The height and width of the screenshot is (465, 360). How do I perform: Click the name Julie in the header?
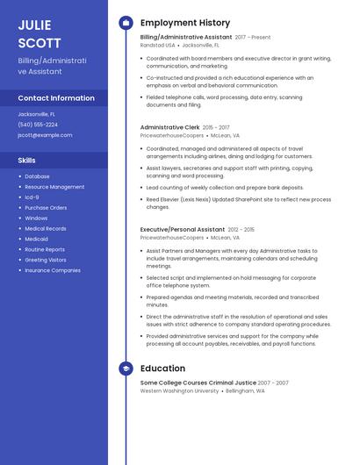coord(34,25)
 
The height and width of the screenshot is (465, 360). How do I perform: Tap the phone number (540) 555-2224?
coord(38,125)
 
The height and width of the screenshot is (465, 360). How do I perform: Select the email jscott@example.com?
coord(45,135)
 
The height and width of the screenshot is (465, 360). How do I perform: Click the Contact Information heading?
coord(56,98)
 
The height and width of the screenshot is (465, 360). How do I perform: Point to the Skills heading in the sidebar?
coord(27,161)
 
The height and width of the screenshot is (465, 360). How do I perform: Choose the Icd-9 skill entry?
coord(32,197)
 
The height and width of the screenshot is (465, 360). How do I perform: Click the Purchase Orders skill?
coord(46,208)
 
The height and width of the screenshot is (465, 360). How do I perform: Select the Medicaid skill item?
coord(37,239)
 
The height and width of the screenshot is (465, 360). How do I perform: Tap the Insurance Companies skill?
coord(53,270)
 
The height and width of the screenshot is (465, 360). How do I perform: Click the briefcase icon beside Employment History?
coord(126,23)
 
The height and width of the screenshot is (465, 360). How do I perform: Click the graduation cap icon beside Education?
coord(126,368)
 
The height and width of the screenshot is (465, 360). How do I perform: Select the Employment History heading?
coord(185,23)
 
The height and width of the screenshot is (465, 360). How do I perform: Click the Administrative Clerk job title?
coord(169,127)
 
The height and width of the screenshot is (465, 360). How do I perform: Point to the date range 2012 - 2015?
coord(241,229)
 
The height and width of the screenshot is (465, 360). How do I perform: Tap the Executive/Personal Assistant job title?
coord(182,229)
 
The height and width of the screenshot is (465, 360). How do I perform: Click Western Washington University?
coord(179,390)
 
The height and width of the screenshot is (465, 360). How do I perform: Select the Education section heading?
coord(162,368)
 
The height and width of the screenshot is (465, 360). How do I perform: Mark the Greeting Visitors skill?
coord(46,260)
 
